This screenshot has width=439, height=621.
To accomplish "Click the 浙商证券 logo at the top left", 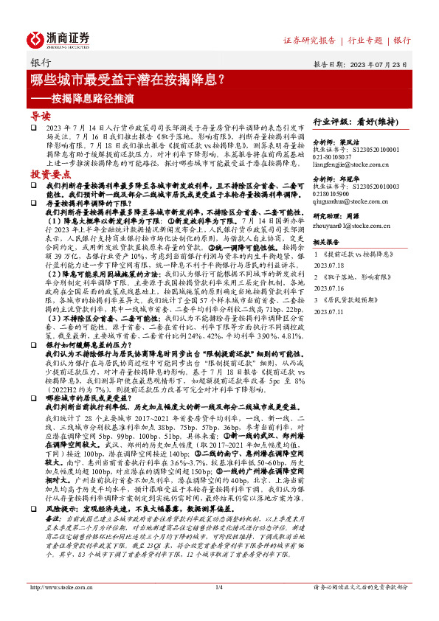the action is (59, 38).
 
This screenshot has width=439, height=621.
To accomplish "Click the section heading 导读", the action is (40, 116).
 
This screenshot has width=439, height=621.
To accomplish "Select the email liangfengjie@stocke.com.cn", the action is (350, 165).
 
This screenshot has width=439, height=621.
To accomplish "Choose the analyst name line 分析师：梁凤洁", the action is (336, 140).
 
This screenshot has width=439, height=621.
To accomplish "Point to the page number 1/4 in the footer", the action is (219, 608).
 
